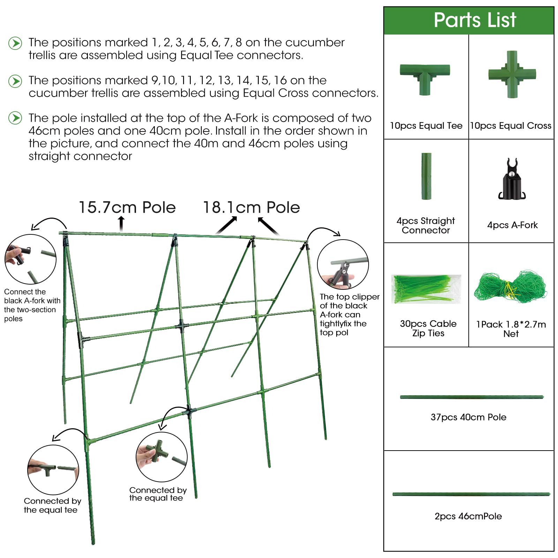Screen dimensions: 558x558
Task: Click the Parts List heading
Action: click(x=475, y=20)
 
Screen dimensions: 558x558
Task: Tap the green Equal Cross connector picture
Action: click(x=512, y=74)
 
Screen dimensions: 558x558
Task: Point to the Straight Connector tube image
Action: click(x=426, y=176)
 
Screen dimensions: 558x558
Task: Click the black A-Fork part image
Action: click(x=512, y=179)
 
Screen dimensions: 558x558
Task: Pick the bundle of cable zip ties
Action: click(x=426, y=289)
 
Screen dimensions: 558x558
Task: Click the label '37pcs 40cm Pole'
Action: click(x=468, y=417)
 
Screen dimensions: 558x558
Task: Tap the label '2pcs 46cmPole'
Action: click(x=468, y=516)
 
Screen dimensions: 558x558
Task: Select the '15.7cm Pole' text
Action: click(x=127, y=208)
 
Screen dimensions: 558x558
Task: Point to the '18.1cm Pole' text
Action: click(x=251, y=208)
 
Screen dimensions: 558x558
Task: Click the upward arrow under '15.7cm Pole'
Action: click(x=121, y=224)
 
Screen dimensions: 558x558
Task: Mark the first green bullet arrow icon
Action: click(x=15, y=43)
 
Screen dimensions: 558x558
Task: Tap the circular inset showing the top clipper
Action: click(x=343, y=265)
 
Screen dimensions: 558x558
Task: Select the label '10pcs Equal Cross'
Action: click(x=511, y=126)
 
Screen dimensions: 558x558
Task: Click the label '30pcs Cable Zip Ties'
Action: click(x=428, y=328)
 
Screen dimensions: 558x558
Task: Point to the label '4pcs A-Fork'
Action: click(x=512, y=225)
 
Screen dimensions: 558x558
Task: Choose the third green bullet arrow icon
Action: click(x=15, y=118)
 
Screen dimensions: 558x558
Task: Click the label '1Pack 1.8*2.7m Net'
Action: click(x=511, y=329)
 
